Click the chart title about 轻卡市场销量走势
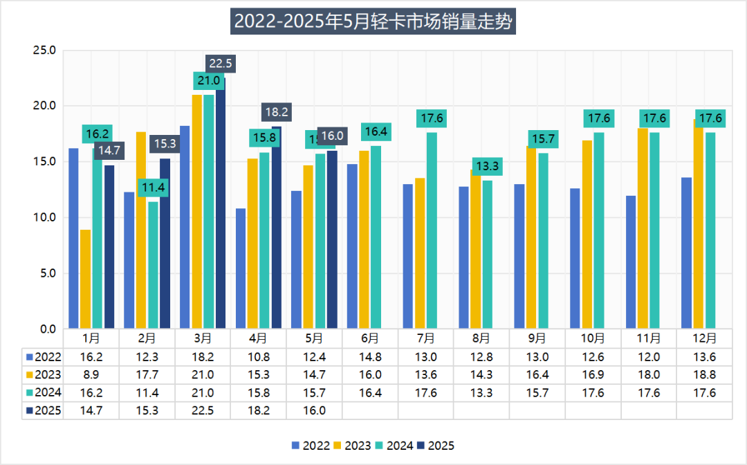[x=373, y=22]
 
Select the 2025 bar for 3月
[x=220, y=208]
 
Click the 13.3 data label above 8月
[x=488, y=166]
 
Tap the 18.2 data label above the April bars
[x=277, y=111]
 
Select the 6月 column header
[x=370, y=339]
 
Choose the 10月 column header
[x=593, y=339]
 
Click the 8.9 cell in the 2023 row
[x=91, y=375]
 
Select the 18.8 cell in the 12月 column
[x=704, y=375]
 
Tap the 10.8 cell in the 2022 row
[x=258, y=357]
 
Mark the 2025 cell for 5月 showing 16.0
[x=314, y=410]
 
